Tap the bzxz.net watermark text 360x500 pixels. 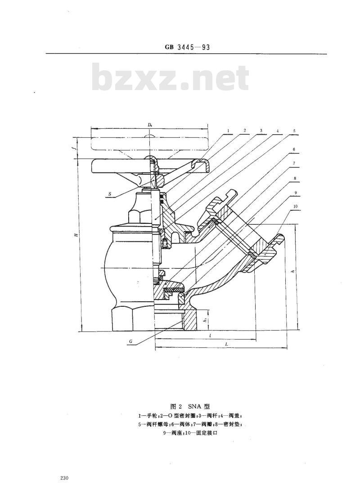pyautogui.click(x=170, y=78)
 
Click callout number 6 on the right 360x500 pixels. pyautogui.click(x=293, y=149)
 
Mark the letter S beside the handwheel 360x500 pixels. pyautogui.click(x=109, y=194)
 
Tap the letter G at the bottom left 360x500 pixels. pyautogui.click(x=130, y=341)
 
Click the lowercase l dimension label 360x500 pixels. pyautogui.click(x=211, y=336)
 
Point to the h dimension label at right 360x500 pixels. pyautogui.click(x=293, y=272)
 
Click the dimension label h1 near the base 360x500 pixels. pyautogui.click(x=205, y=320)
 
